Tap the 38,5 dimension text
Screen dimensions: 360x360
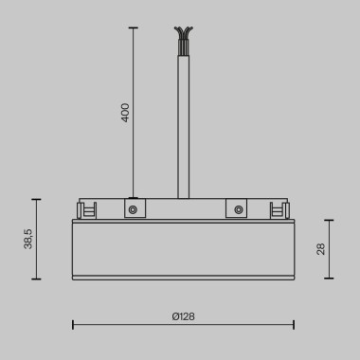pyautogui.click(x=29, y=239)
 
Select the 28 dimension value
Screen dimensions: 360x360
pyautogui.click(x=321, y=249)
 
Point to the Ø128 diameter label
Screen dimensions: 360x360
pyautogui.click(x=184, y=315)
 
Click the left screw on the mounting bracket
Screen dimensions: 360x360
pyautogui.click(x=134, y=208)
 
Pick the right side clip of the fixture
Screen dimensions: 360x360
pyautogui.click(x=279, y=209)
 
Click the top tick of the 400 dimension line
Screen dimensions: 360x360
pyautogui.click(x=132, y=28)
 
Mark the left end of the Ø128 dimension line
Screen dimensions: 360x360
pyautogui.click(x=73, y=325)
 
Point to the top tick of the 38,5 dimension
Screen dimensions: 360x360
pyautogui.click(x=37, y=199)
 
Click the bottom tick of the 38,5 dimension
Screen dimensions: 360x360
pyautogui.click(x=37, y=279)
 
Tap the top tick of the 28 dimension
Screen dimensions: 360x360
pyautogui.click(x=330, y=221)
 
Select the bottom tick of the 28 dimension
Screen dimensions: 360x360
pyautogui.click(x=330, y=279)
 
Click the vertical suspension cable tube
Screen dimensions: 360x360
pyautogui.click(x=180, y=123)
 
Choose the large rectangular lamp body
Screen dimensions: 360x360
pyautogui.click(x=180, y=248)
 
